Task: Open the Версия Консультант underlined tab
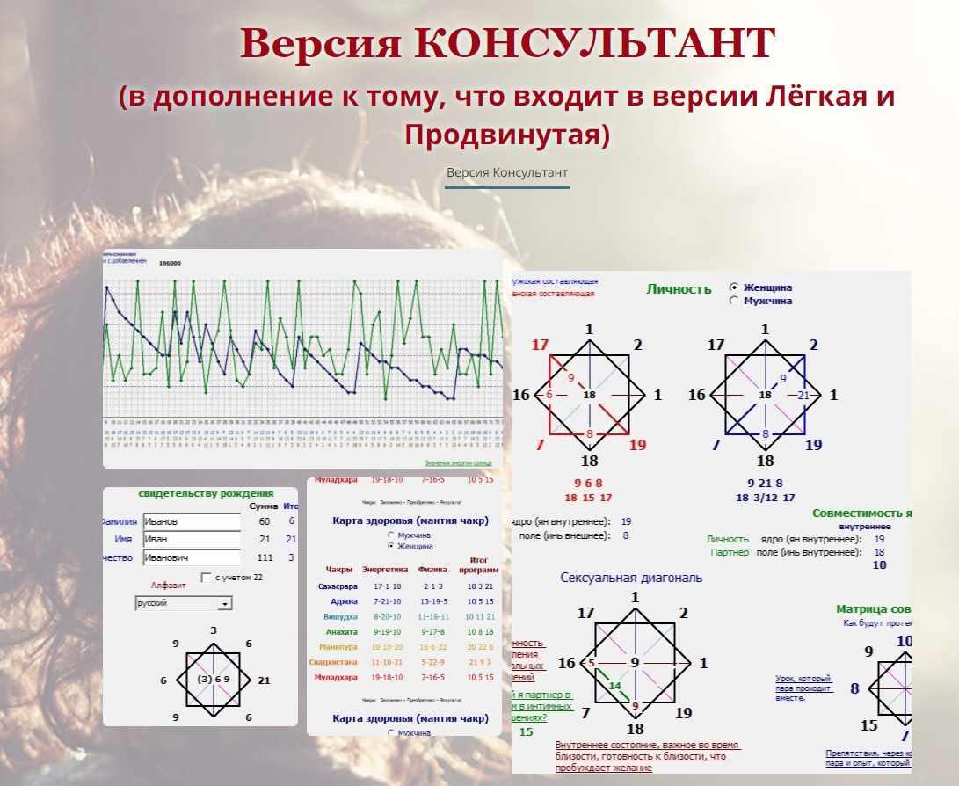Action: pos(506,172)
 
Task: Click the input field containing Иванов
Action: pos(191,521)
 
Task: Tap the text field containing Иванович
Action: pos(191,557)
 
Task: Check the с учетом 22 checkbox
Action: pos(206,578)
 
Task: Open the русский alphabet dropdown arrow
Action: pos(225,604)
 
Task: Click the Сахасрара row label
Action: pos(338,586)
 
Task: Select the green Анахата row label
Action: pos(341,631)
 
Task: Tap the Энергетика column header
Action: pos(384,569)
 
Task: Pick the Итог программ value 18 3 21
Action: pos(480,586)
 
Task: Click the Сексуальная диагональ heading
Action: pos(631,578)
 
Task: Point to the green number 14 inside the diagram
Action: pos(615,686)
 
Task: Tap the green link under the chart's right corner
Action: pos(458,462)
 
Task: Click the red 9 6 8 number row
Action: pos(588,483)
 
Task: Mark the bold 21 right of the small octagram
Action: pos(265,680)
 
